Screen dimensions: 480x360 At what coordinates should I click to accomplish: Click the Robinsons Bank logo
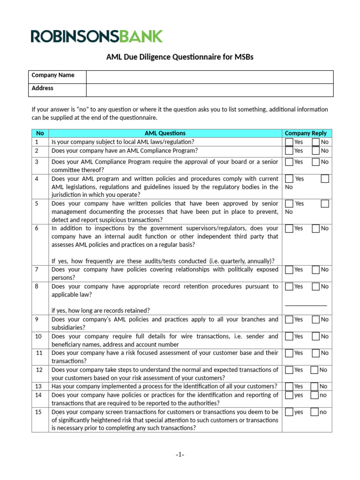pos(97,36)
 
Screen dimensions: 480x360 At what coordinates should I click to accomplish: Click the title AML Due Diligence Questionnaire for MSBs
pos(180,57)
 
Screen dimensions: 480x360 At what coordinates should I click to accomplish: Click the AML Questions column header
pos(165,133)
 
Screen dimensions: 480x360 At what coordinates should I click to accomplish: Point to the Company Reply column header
pos(306,133)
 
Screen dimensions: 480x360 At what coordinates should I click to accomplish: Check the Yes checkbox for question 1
pos(289,142)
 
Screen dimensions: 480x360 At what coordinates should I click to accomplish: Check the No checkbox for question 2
pos(315,151)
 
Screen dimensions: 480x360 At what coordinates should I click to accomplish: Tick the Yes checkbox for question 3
pos(289,162)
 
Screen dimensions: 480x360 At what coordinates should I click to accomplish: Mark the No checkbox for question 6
pos(315,229)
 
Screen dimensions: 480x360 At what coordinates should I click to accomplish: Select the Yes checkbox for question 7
pos(289,270)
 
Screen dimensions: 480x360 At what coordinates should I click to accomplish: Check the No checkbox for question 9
pos(315,320)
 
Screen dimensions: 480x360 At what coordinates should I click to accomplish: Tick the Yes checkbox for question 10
pos(289,337)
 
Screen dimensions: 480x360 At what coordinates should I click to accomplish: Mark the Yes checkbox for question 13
pos(289,386)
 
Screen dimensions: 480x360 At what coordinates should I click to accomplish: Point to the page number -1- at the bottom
pos(180,455)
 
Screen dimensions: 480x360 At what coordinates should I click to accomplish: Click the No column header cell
pos(40,133)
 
